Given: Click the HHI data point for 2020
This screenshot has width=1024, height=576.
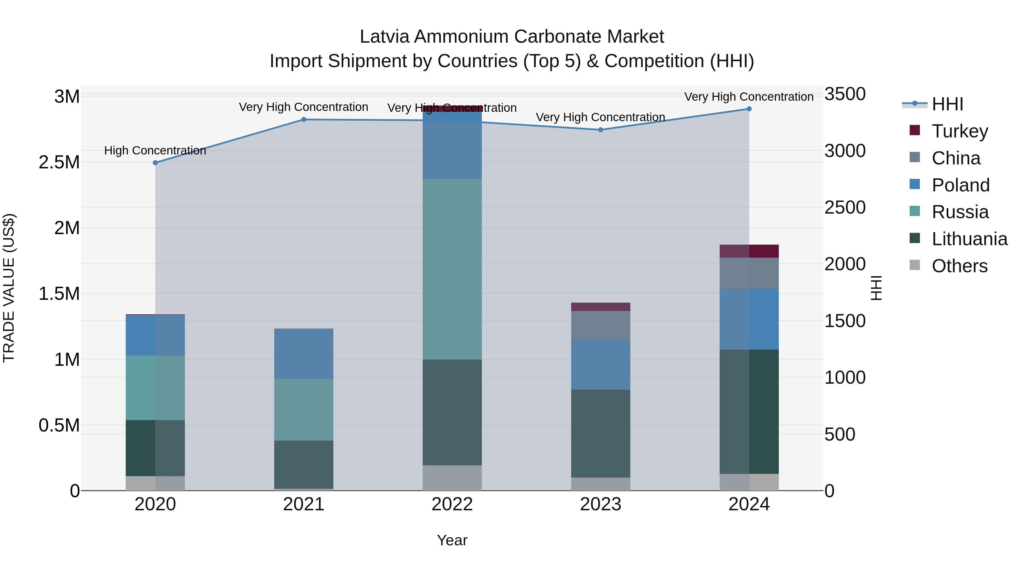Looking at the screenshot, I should [155, 163].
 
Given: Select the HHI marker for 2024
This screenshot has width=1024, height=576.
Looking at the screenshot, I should [749, 109].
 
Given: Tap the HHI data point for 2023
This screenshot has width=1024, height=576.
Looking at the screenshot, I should [601, 130].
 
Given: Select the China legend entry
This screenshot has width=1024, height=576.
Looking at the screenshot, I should [956, 158].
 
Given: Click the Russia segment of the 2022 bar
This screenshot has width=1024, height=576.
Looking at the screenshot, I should [452, 269].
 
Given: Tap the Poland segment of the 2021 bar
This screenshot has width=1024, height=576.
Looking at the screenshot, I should [304, 353].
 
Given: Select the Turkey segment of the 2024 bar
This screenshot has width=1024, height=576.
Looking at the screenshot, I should [749, 251].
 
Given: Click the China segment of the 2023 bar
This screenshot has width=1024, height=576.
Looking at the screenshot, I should [601, 325].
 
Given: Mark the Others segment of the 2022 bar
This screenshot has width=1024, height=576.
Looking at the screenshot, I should [452, 478].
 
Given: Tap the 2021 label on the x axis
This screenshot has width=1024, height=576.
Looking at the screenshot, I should [304, 504].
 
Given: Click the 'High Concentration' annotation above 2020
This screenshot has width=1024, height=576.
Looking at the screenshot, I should [155, 151].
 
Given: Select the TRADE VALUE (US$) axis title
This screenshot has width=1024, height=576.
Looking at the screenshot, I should [9, 288].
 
